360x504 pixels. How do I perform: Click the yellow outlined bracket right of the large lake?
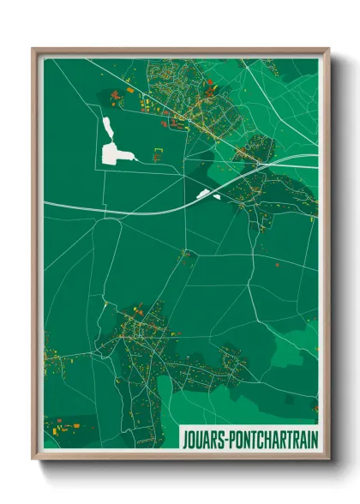pos(157,153)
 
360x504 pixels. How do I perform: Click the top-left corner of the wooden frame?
pos(34,50)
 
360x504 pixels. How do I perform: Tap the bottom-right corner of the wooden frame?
pos(327,459)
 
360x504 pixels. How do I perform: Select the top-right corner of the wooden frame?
pos(327,50)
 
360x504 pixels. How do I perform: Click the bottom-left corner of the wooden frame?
pos(34,459)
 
